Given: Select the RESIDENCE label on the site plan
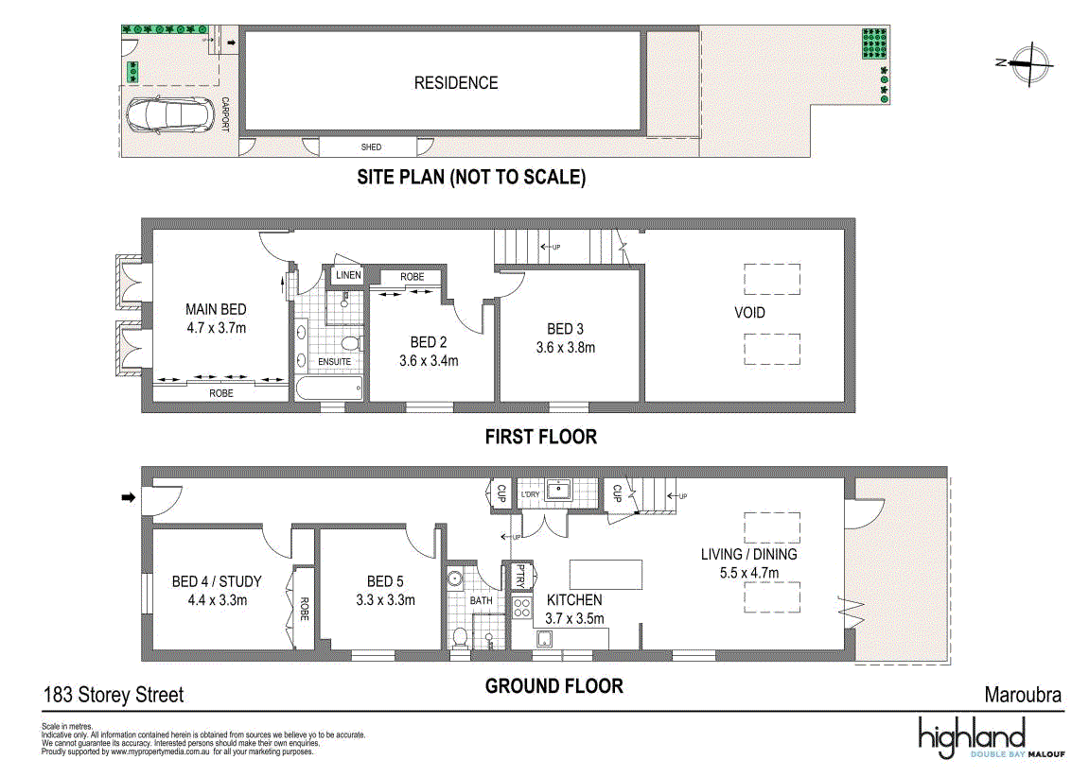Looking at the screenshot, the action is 456,83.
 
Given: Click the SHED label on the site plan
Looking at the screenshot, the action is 371,147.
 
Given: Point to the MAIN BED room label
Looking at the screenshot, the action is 216,309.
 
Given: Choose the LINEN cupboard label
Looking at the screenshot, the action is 348,275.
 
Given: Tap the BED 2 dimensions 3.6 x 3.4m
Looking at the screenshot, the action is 429,361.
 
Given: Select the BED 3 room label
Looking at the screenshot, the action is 565,329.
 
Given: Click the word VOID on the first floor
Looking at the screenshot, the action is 749,313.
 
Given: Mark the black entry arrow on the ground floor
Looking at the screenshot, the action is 129,497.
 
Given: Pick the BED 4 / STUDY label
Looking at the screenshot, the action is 217,581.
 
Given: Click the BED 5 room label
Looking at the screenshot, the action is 385,581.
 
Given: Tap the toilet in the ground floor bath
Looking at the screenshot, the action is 460,637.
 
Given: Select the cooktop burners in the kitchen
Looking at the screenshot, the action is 521,609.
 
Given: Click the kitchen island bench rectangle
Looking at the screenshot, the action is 606,574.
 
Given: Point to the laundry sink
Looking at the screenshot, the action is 557,489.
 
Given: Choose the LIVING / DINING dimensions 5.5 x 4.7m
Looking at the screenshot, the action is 748,573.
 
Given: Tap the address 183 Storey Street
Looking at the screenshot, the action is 114,695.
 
